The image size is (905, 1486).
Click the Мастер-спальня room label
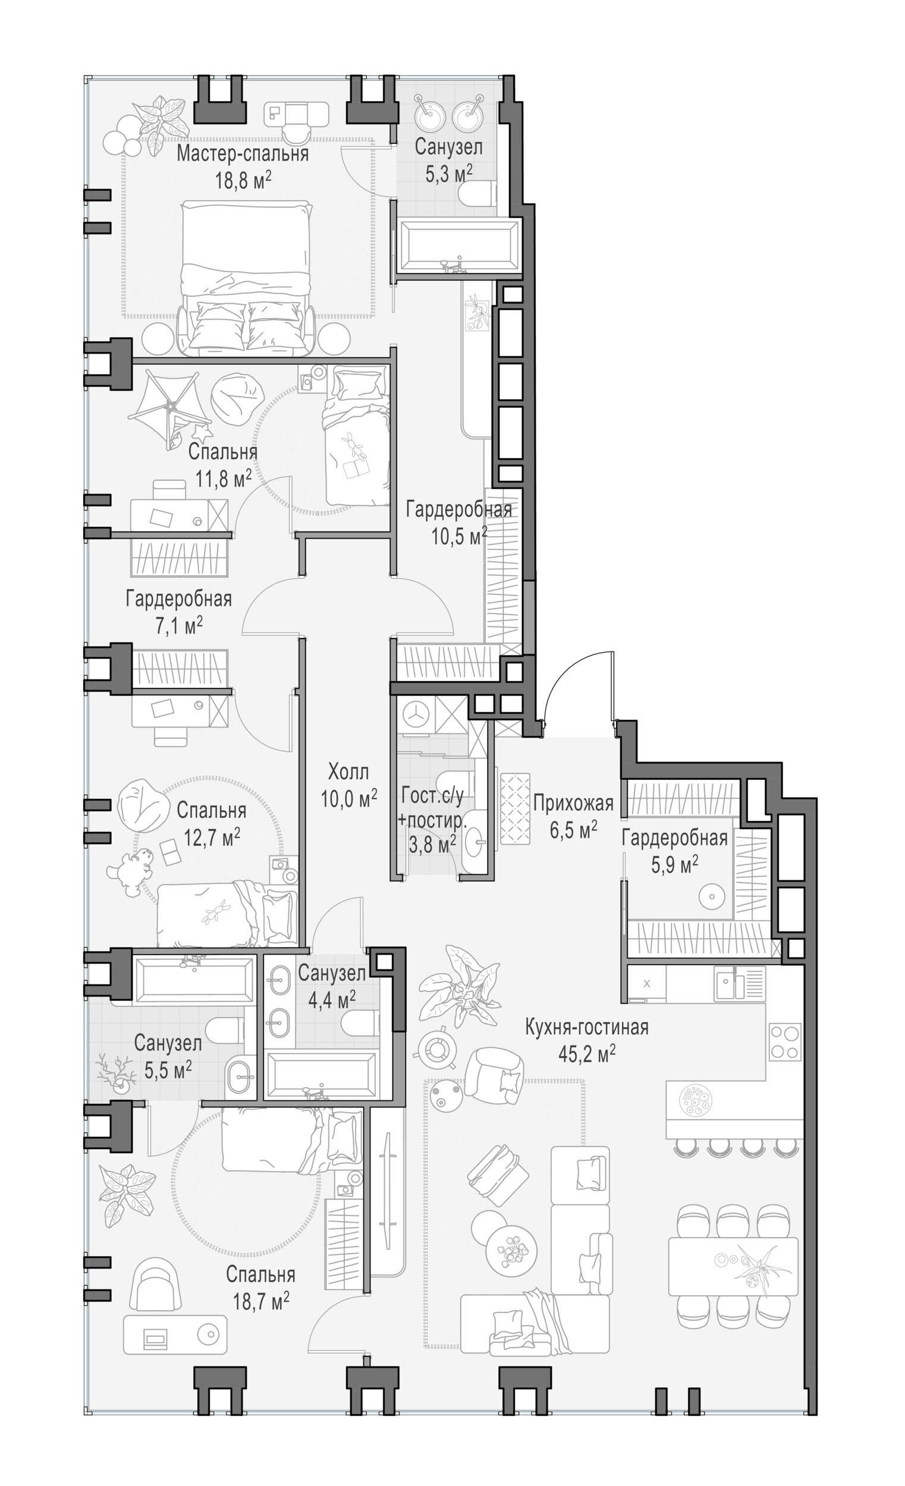243,154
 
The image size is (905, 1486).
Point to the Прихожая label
573,802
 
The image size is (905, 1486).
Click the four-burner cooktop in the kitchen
785,1041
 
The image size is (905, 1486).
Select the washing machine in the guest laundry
416,714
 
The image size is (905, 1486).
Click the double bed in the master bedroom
246,278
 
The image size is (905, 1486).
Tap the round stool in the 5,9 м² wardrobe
712,897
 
